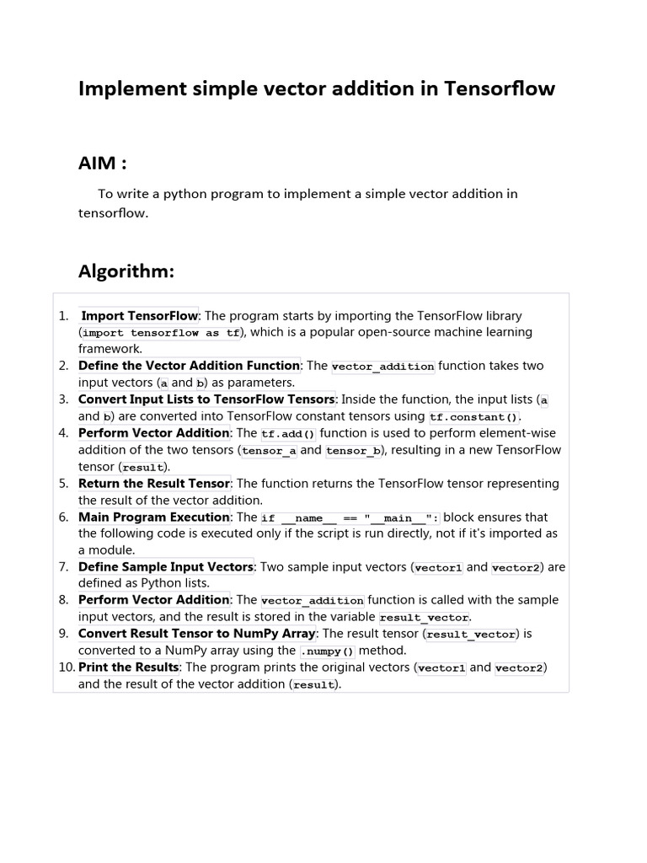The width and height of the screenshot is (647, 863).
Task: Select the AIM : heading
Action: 103,163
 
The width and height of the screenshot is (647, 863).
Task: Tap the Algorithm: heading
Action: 126,271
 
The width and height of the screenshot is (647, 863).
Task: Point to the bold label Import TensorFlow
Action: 139,316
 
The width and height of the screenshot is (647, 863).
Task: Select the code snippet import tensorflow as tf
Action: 161,333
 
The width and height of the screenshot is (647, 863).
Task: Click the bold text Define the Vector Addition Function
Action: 189,366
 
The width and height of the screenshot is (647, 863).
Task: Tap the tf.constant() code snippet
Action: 473,417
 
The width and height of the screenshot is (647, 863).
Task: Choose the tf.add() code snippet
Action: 288,434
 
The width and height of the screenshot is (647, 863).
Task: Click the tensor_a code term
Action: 269,451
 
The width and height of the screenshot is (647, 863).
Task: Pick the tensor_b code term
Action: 353,451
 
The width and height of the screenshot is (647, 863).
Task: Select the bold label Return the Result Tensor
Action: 153,484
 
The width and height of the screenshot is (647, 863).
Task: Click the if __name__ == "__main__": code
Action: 350,518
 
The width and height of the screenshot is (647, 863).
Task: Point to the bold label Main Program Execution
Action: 153,517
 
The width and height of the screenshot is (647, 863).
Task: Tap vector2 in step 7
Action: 516,568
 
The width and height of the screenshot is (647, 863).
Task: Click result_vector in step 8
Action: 424,618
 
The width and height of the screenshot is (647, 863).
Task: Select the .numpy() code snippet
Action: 328,651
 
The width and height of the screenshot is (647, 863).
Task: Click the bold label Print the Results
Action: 128,667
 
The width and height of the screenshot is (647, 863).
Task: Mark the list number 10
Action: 67,667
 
